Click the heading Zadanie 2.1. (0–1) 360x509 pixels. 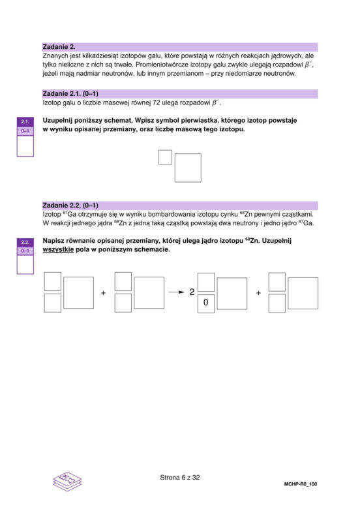tap(70, 94)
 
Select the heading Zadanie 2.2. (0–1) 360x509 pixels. tap(70, 206)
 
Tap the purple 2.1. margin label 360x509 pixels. tap(25, 122)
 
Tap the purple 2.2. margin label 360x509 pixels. tap(25, 242)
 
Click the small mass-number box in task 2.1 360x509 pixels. tap(165, 157)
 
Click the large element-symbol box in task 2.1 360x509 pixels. tap(188, 168)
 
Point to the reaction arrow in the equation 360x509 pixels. tap(177, 292)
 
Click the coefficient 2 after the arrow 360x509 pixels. tap(192, 292)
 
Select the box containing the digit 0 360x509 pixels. tap(206, 303)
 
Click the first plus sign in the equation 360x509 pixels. tap(104, 293)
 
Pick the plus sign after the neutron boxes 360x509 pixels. tap(258, 293)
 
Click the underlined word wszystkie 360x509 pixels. tap(58, 250)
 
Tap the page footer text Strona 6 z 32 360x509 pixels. tap(180, 478)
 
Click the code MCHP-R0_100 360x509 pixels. tap(301, 484)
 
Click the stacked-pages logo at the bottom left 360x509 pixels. tap(67, 481)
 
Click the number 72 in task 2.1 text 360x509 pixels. tap(157, 103)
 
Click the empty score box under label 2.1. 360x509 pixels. tap(25, 146)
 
